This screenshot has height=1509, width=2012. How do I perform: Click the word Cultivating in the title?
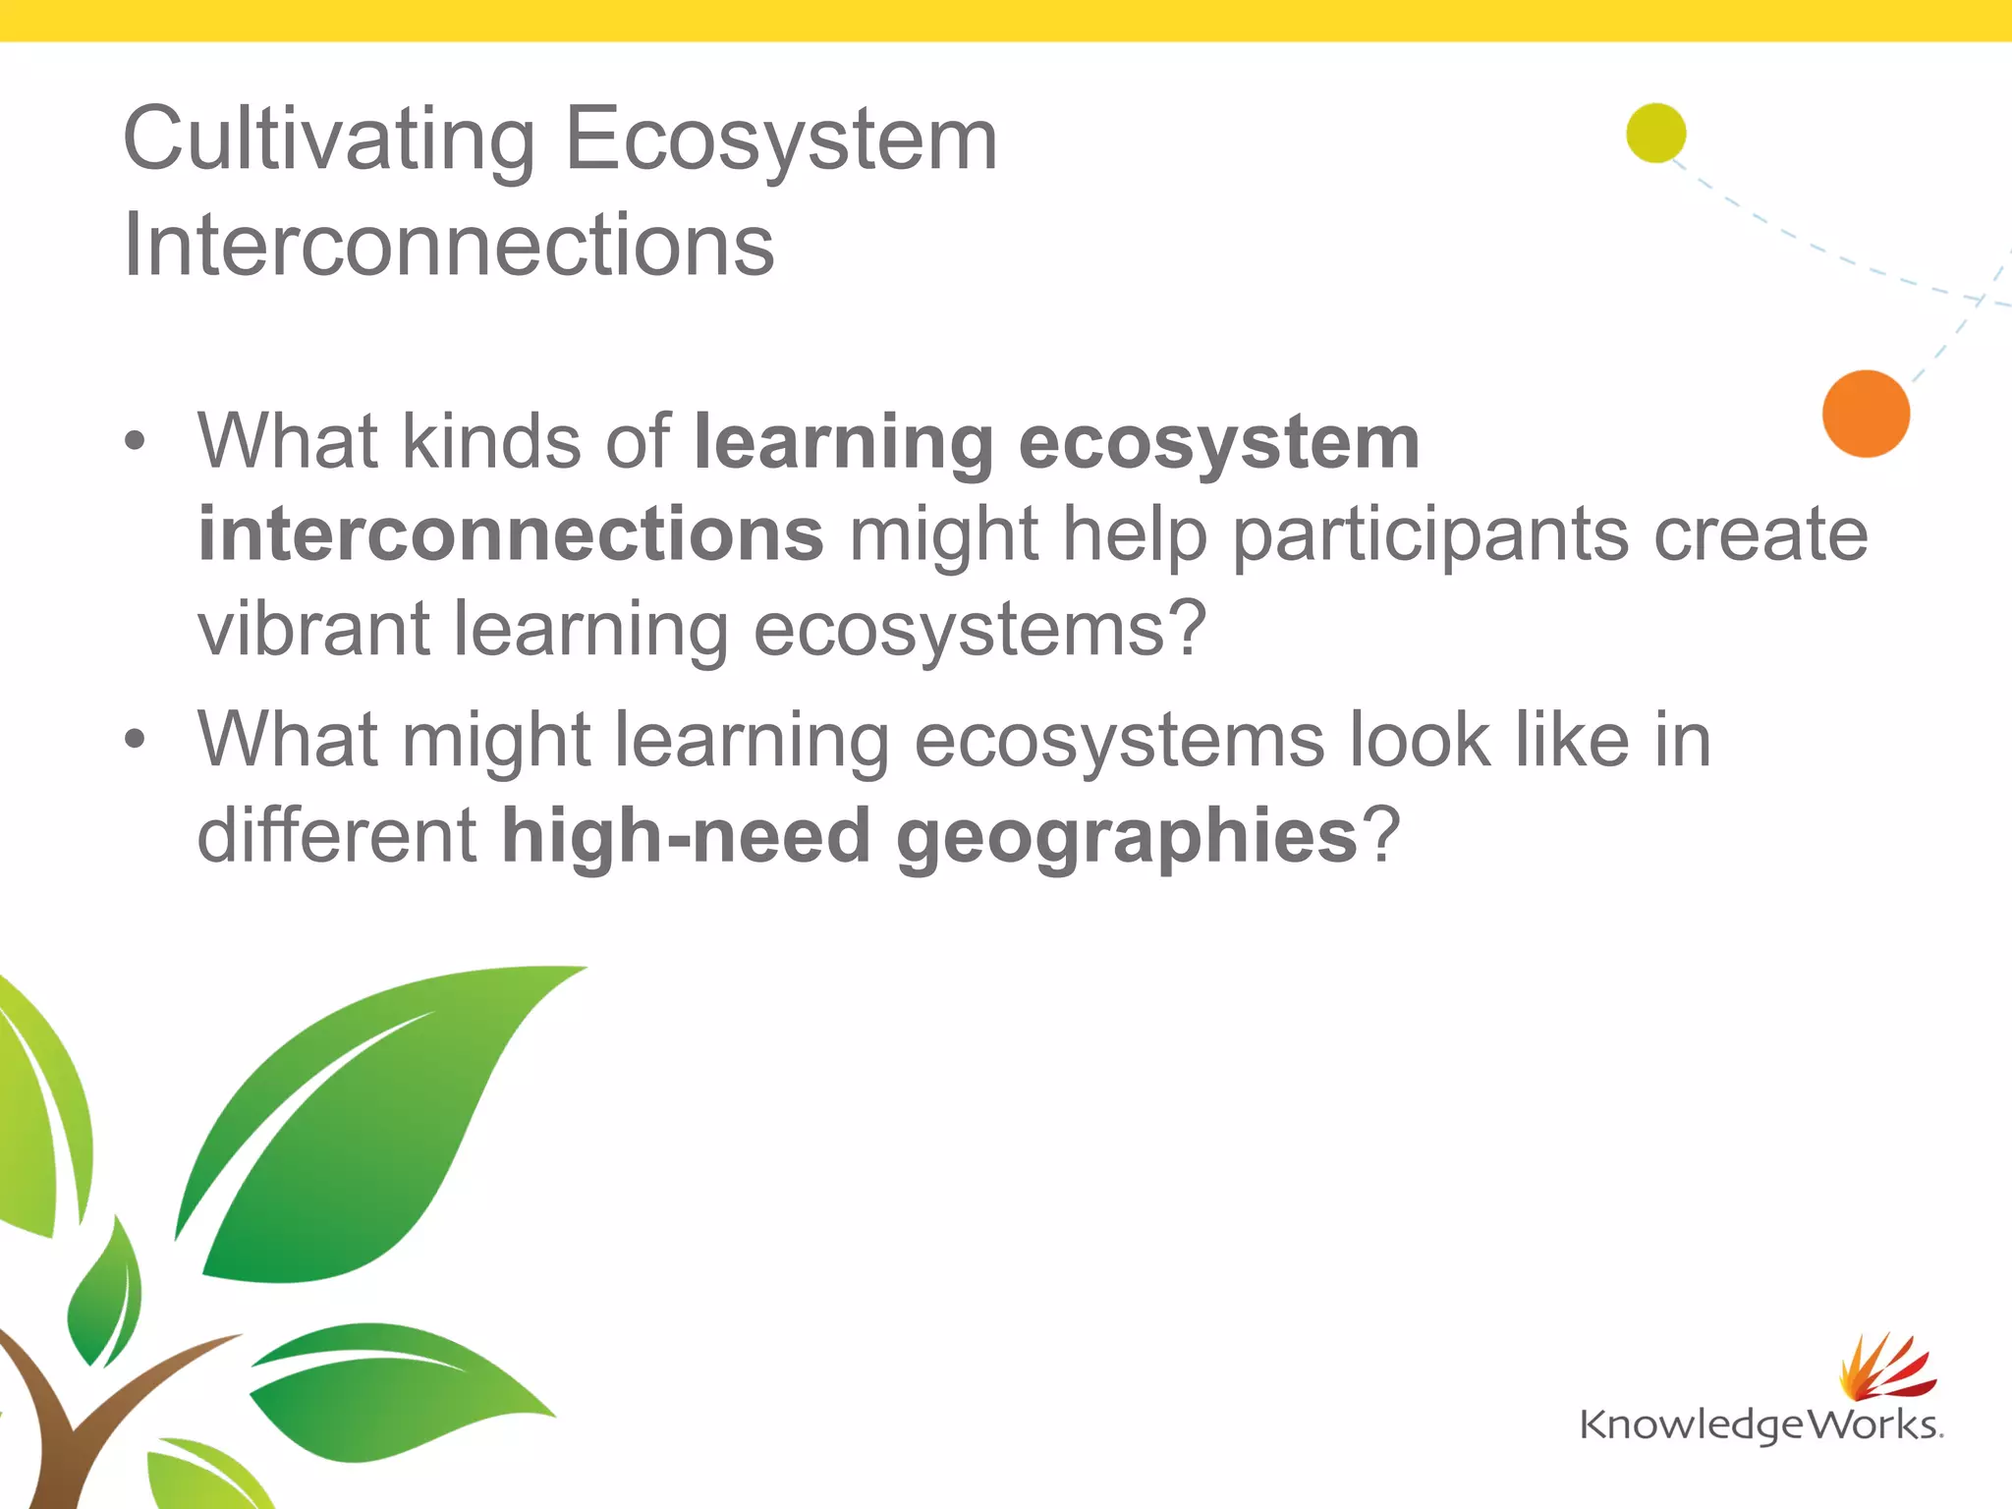tap(329, 140)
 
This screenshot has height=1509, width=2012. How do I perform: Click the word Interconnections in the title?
tap(449, 246)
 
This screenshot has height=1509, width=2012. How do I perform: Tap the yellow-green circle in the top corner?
tap(1655, 133)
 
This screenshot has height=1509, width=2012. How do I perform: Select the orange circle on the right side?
tap(1865, 414)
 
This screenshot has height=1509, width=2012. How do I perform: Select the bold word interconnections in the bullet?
tap(511, 535)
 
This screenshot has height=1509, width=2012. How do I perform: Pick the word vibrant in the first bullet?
tap(313, 630)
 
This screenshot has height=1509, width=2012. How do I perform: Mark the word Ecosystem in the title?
tap(781, 140)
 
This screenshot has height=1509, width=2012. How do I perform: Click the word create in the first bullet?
tap(1760, 535)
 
